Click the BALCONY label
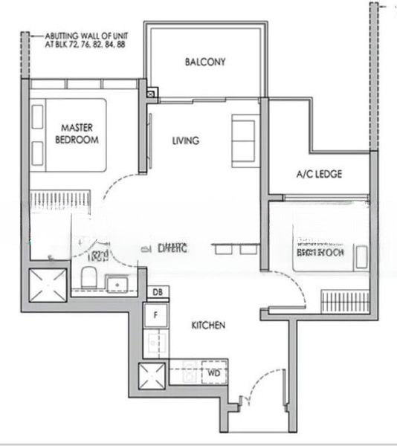pos(205,62)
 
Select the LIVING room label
pos(185,140)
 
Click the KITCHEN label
pos(209,325)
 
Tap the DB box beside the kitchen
pos(156,293)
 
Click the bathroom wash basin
pos(117,283)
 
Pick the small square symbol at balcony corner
pos(152,94)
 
